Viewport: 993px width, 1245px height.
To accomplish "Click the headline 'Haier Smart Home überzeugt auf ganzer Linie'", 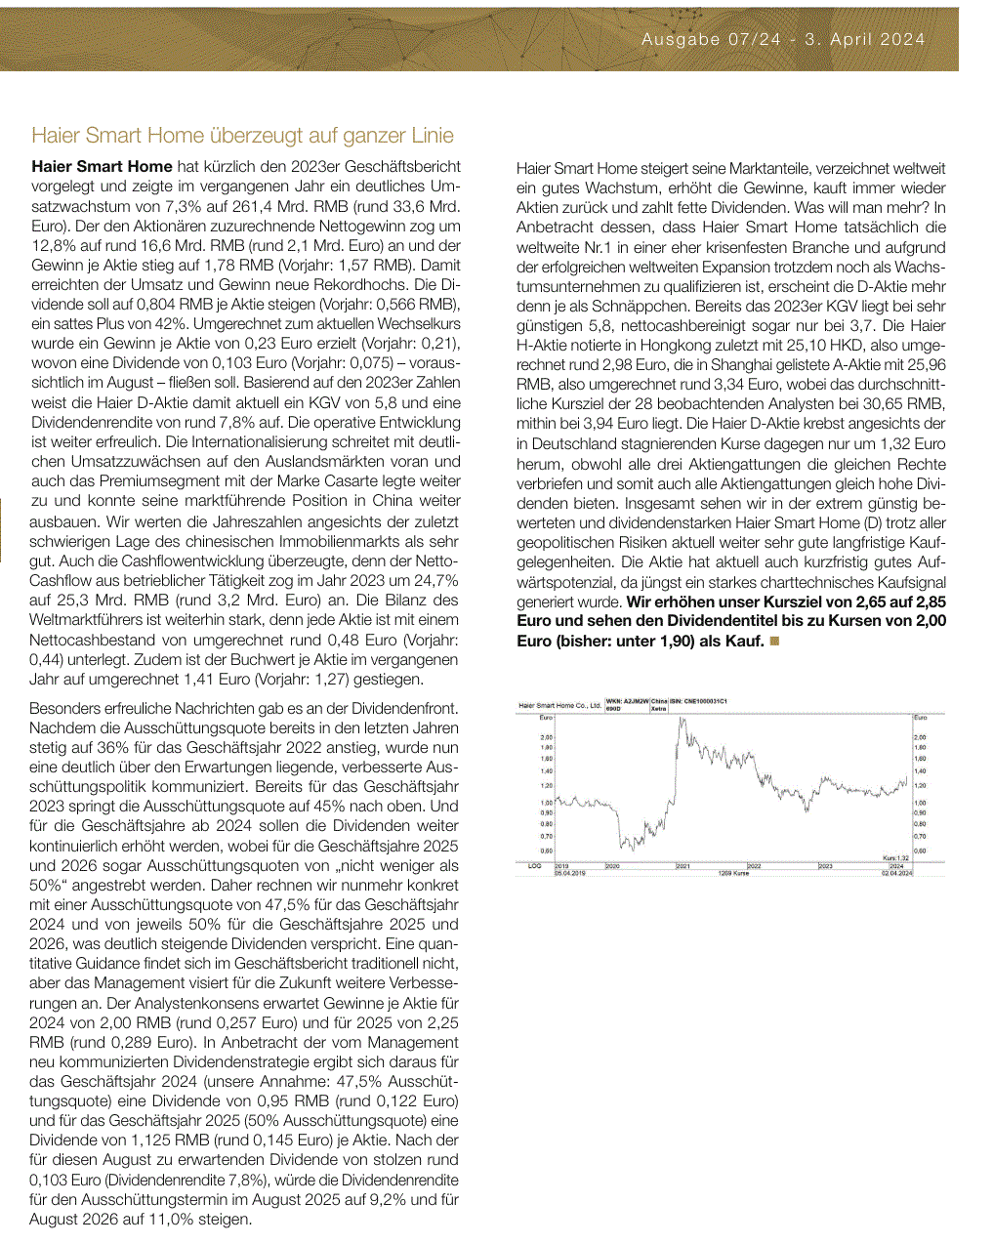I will pos(242,135).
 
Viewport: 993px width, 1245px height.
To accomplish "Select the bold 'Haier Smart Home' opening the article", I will pos(102,167).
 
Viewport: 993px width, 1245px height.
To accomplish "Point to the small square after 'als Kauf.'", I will pos(774,642).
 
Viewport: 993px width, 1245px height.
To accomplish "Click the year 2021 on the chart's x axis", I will pos(683,866).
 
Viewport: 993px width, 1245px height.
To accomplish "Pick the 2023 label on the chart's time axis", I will pos(825,866).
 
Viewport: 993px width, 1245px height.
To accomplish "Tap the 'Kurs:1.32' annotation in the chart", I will pos(895,858).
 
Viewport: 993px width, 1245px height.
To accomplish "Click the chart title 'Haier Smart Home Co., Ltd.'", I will pos(560,704).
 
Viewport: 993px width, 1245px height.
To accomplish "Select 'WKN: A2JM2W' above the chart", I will pos(628,701).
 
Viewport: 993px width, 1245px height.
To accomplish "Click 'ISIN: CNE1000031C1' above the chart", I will pos(698,701).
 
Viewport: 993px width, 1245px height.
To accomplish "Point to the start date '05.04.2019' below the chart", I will pos(570,873).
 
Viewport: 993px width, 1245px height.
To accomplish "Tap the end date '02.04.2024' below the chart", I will pos(896,873).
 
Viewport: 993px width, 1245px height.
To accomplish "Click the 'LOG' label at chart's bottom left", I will pos(534,866).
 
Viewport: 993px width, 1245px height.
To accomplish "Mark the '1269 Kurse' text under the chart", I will pos(733,873).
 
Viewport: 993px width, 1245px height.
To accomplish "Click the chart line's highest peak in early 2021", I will pos(681,720).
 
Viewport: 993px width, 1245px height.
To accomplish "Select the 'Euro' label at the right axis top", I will pos(920,718).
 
